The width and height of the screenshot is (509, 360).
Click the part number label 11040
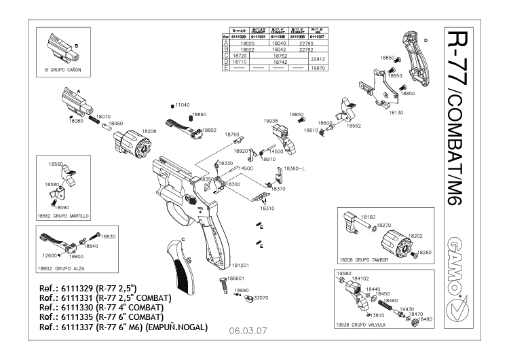181,106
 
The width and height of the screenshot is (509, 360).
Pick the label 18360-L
294,168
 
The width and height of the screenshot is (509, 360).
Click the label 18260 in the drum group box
425,252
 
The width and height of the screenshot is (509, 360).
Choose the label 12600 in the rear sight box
49,255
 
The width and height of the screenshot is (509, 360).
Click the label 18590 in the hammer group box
62,207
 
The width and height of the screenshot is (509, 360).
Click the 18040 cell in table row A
278,43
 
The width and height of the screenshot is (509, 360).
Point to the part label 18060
116,124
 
